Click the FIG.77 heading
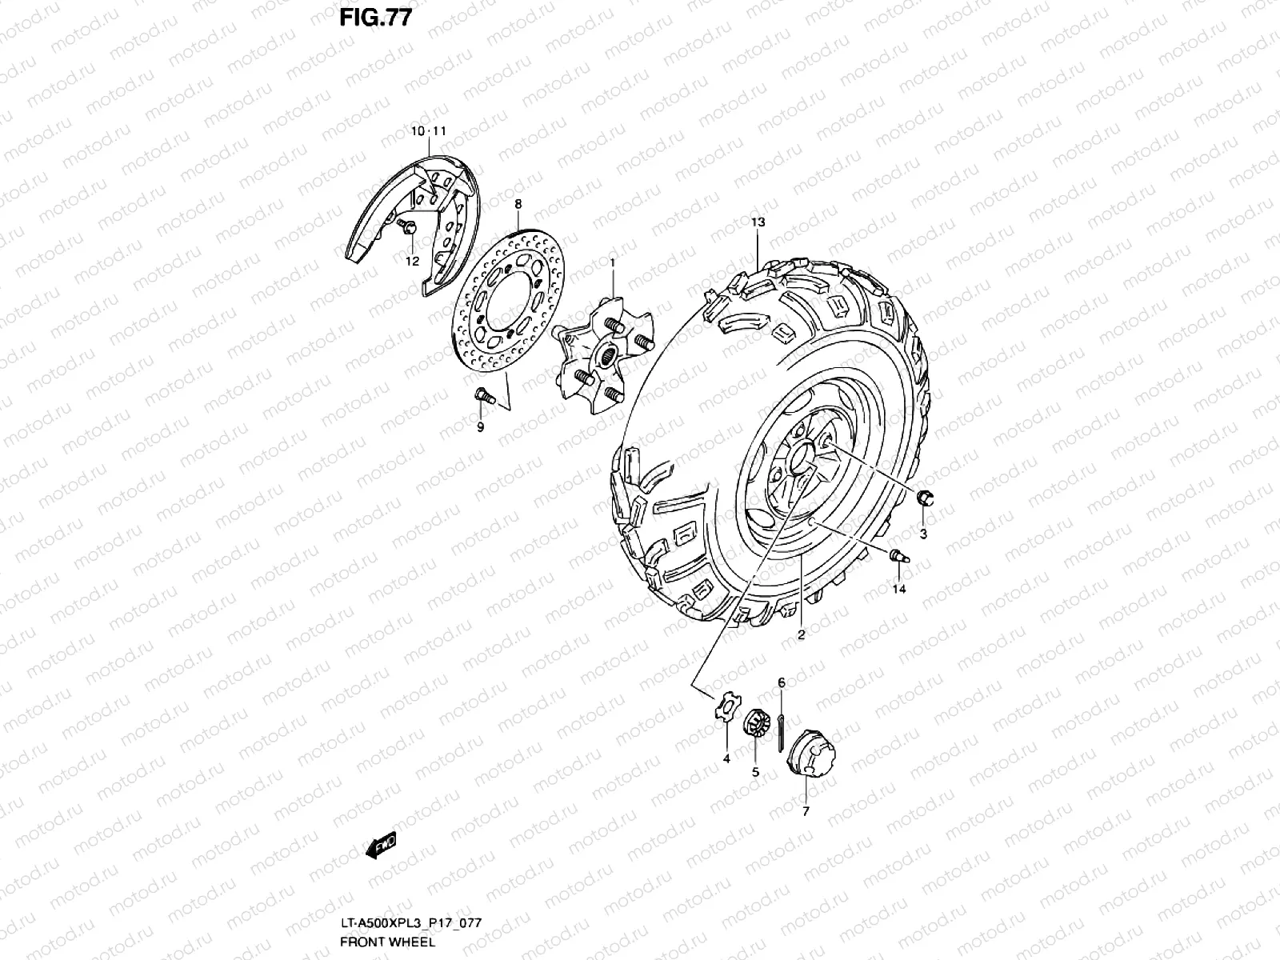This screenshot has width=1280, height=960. pos(375,18)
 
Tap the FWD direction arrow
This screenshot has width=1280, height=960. pos(380,845)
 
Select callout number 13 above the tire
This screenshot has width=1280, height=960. pos(758,222)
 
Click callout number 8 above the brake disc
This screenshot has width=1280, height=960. pos(518,204)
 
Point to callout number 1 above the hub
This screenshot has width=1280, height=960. pos(612,263)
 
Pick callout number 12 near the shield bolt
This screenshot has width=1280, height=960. pos(412,261)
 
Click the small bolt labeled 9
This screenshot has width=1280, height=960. pos(485,396)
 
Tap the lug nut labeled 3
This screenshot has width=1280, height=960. pos(925,498)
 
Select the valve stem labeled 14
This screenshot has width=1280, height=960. pos(899,555)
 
